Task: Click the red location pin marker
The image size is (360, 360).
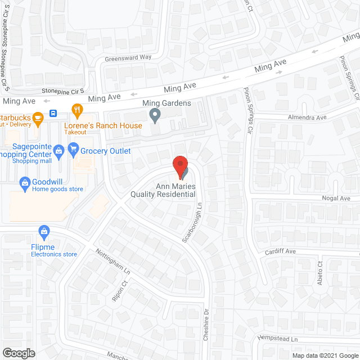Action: click(179, 166)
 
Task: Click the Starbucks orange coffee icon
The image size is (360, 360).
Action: click(38, 118)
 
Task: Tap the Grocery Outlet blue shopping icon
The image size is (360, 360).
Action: click(73, 150)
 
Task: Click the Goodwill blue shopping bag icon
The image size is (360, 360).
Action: click(25, 182)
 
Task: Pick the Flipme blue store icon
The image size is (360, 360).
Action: click(44, 231)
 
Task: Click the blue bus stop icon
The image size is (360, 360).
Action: click(53, 113)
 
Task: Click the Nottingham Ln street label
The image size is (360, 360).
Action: click(112, 262)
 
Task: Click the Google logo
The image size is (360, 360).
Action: click(18, 353)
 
